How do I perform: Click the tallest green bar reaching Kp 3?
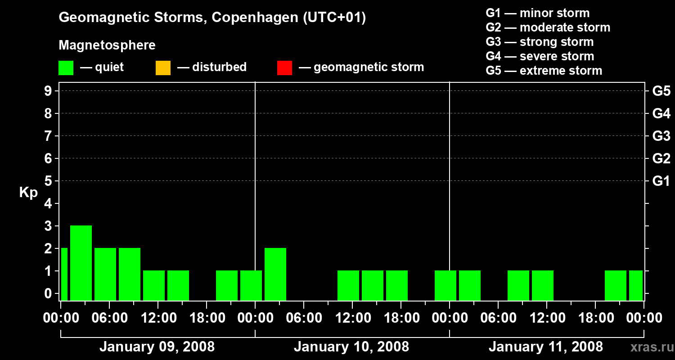click(x=81, y=263)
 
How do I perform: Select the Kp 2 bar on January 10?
click(x=275, y=274)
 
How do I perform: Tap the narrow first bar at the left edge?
click(x=64, y=274)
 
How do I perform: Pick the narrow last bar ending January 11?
click(x=636, y=285)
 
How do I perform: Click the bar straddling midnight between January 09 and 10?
click(x=251, y=285)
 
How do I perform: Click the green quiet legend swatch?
click(x=66, y=67)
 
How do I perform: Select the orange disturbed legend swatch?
click(x=163, y=67)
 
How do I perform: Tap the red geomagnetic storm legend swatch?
click(x=284, y=67)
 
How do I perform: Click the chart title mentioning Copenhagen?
click(x=212, y=18)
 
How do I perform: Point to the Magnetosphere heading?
click(x=107, y=45)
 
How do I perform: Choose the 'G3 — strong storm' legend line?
click(x=540, y=42)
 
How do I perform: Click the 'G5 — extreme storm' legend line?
click(x=544, y=71)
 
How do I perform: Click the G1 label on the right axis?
click(x=661, y=181)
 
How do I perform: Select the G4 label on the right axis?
click(x=661, y=113)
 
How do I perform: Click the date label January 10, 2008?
click(x=351, y=346)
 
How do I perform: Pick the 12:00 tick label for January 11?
click(x=546, y=318)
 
